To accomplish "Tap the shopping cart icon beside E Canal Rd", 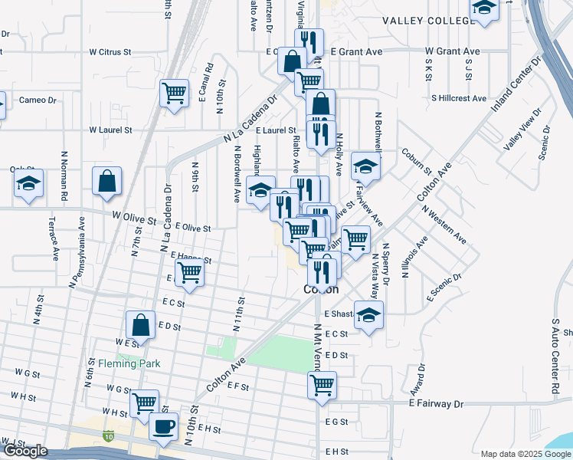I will (x=175, y=93).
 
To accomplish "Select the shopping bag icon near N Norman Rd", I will (x=107, y=182).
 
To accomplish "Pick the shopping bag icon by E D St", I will (x=141, y=325).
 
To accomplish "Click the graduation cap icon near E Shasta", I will (x=369, y=315).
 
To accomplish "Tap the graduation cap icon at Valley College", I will (x=483, y=8).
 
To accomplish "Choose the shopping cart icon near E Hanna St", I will (x=189, y=271).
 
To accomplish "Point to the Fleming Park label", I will (x=127, y=363).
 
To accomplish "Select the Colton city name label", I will (x=320, y=290).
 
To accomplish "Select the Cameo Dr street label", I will (x=38, y=100).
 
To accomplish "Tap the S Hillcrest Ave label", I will (x=459, y=98).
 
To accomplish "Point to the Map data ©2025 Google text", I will (x=525, y=454).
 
